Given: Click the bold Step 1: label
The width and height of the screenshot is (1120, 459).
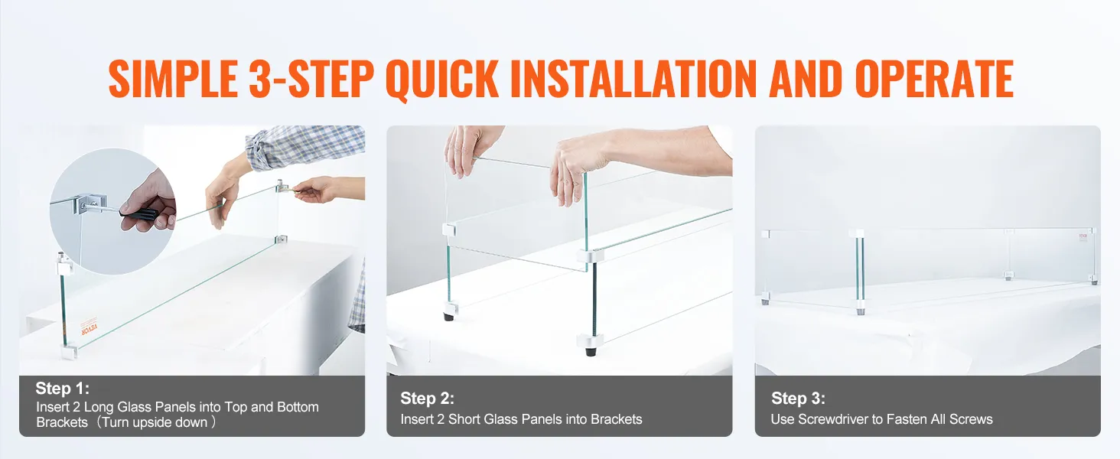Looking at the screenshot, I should [x=63, y=389].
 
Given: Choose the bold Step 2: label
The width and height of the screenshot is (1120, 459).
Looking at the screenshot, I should [x=428, y=399].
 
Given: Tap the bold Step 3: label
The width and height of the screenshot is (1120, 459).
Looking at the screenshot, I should [x=799, y=399].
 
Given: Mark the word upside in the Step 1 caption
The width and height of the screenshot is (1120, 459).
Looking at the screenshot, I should [x=169, y=422].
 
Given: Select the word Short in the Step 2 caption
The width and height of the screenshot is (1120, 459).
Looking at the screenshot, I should [x=465, y=419].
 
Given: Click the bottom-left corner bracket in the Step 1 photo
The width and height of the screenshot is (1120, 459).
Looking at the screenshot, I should [x=67, y=353].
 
